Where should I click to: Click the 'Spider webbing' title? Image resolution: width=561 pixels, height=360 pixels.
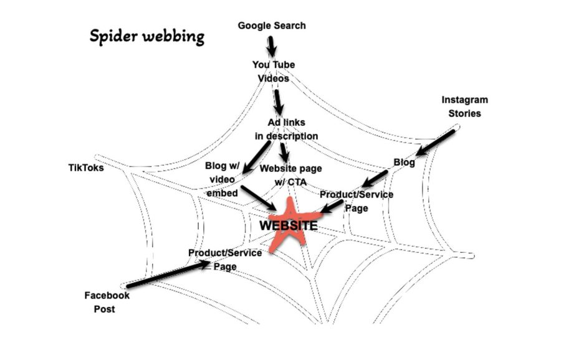(146, 37)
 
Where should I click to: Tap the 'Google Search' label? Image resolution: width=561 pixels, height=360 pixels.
(272, 26)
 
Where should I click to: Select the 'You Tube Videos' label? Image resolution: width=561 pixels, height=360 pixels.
(274, 72)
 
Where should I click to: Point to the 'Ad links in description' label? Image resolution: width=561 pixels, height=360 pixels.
(287, 130)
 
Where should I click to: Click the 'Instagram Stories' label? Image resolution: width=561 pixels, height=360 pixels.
(465, 107)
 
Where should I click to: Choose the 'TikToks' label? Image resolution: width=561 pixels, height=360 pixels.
(86, 168)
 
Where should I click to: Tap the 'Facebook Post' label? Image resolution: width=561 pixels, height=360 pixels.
(107, 302)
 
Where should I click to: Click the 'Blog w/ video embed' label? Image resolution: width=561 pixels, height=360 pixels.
(222, 179)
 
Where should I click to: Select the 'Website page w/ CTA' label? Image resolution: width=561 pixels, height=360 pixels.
(290, 175)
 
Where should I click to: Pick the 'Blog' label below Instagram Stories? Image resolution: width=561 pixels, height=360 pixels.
(405, 163)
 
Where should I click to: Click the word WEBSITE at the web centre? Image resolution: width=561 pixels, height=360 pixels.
(289, 225)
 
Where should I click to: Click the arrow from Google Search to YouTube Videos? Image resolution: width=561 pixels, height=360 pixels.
(272, 46)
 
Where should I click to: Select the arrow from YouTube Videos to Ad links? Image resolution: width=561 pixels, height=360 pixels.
(279, 102)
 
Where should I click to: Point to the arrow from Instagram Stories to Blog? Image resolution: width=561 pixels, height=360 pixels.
(435, 143)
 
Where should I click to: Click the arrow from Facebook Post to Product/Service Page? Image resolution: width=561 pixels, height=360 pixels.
(168, 274)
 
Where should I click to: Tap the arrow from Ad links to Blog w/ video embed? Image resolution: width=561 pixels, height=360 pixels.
(256, 158)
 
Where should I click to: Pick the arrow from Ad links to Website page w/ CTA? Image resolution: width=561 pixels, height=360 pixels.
(284, 153)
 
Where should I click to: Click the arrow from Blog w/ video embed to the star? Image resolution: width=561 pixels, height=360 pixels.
(258, 197)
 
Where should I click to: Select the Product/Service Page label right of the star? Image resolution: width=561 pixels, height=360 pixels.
(357, 201)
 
